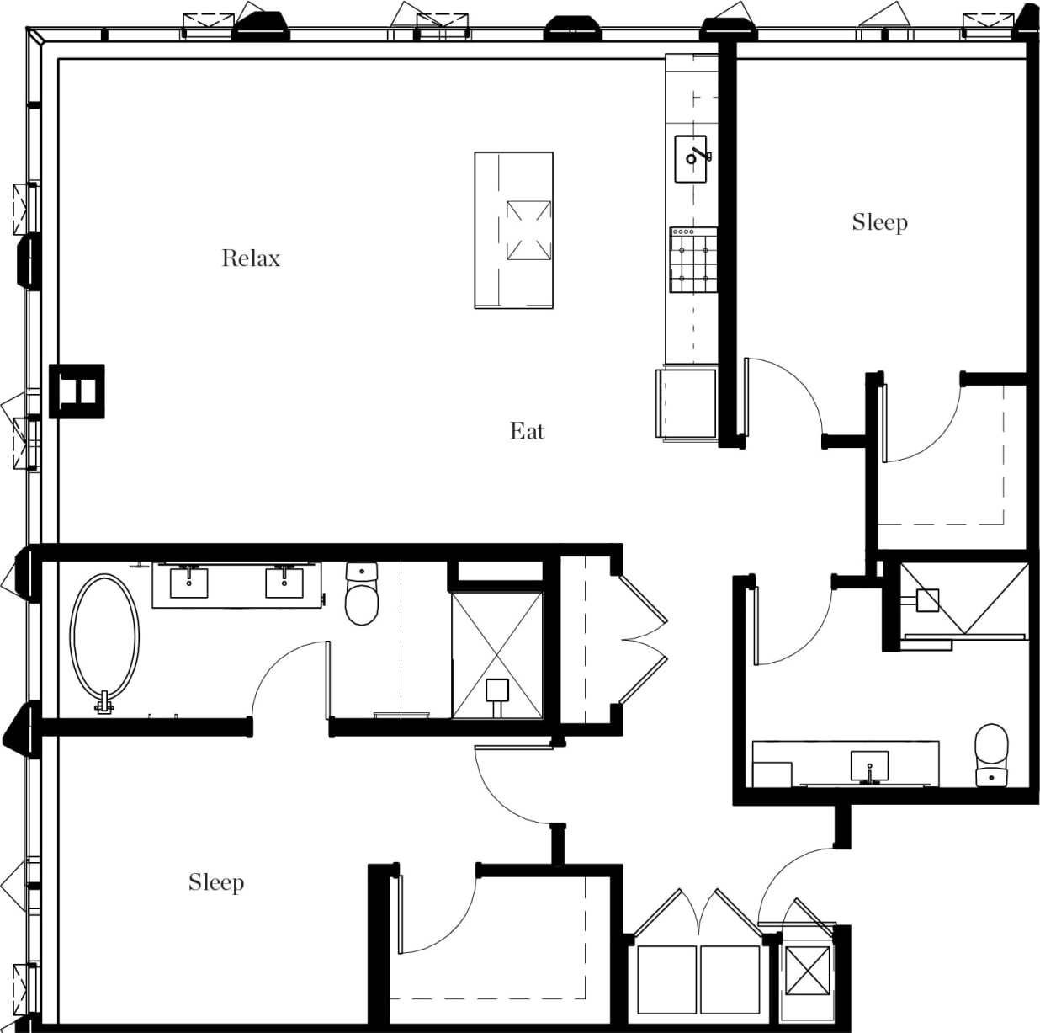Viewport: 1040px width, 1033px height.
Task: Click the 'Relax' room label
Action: (x=251, y=258)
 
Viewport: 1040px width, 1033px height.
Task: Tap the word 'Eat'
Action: (x=528, y=432)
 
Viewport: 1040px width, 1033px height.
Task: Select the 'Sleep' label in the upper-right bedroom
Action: (x=879, y=222)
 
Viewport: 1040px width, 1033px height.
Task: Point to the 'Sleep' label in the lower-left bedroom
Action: (x=216, y=882)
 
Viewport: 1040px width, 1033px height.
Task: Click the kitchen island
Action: (x=513, y=230)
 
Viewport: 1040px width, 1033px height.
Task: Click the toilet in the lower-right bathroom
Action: (x=991, y=754)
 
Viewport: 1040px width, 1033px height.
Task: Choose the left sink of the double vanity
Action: (x=189, y=583)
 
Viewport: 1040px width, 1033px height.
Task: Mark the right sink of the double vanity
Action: (x=284, y=583)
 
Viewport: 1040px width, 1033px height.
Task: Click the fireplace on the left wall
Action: (x=77, y=391)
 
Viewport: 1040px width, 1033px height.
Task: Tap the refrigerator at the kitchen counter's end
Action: (x=687, y=403)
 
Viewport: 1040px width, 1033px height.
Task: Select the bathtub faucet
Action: (x=104, y=702)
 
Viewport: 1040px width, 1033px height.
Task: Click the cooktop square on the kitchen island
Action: (x=528, y=230)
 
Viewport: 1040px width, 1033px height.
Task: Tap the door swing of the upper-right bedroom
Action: (x=787, y=396)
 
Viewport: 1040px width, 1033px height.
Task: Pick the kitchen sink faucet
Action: (x=700, y=156)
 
